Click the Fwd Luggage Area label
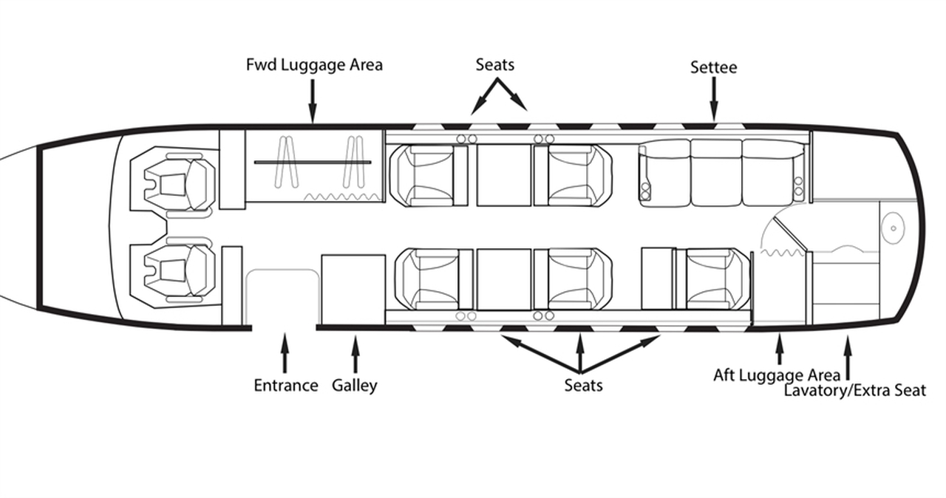(x=314, y=65)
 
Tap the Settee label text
(x=713, y=67)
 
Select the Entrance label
(x=286, y=385)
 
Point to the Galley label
(x=355, y=385)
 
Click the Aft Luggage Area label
(x=776, y=375)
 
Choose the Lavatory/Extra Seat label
(x=854, y=390)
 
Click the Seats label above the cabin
(x=494, y=65)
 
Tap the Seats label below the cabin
(x=583, y=385)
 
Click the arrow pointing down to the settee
(x=714, y=99)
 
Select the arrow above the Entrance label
(x=285, y=352)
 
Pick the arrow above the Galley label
(x=355, y=353)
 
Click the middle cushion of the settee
(x=715, y=173)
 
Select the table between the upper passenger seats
(x=503, y=175)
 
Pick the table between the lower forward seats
(x=503, y=279)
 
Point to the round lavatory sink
(x=893, y=228)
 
